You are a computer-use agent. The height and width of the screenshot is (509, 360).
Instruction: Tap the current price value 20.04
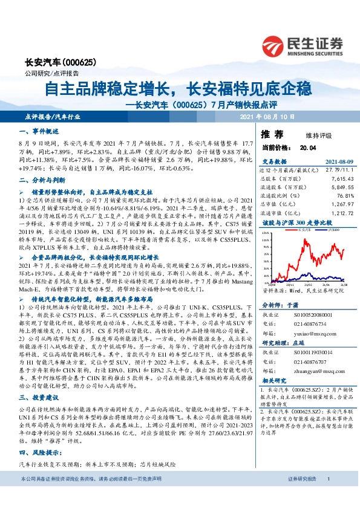[x=308, y=147]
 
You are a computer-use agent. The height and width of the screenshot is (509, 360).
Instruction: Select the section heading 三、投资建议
[x=39, y=398]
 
